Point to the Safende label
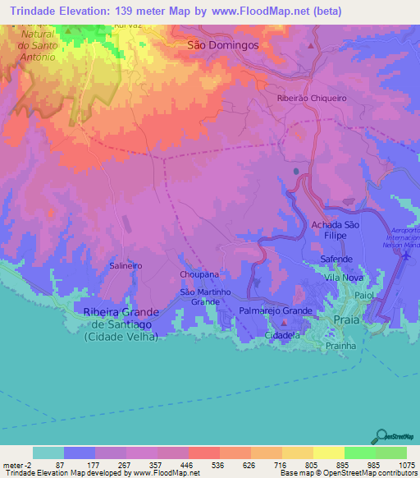pos(336,259)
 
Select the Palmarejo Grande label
pos(275,311)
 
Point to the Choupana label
pos(199,275)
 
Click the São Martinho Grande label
pos(199,296)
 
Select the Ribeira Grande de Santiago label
pos(120,324)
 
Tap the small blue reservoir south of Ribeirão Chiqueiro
pos(295,172)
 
